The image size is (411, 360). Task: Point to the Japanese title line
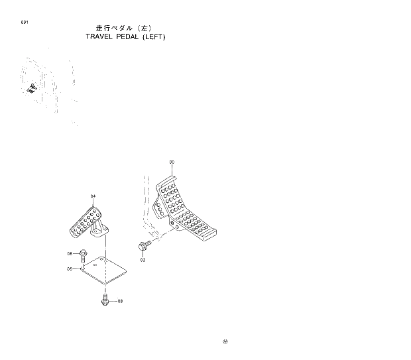click(x=125, y=29)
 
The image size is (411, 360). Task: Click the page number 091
click(x=25, y=23)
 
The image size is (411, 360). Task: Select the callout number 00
click(x=172, y=162)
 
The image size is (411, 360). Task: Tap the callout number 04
click(x=93, y=197)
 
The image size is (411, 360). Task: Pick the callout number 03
click(x=142, y=260)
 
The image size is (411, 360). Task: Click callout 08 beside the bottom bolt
click(x=120, y=301)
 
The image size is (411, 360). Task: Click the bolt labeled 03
click(x=144, y=247)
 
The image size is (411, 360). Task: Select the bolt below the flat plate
click(x=105, y=301)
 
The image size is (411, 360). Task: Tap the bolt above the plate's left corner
click(x=84, y=253)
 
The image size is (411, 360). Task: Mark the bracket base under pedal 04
click(x=100, y=232)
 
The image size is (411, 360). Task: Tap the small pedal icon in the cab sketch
click(x=31, y=86)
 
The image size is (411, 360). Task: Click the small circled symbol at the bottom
click(x=225, y=342)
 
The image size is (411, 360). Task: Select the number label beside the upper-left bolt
click(x=69, y=254)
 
